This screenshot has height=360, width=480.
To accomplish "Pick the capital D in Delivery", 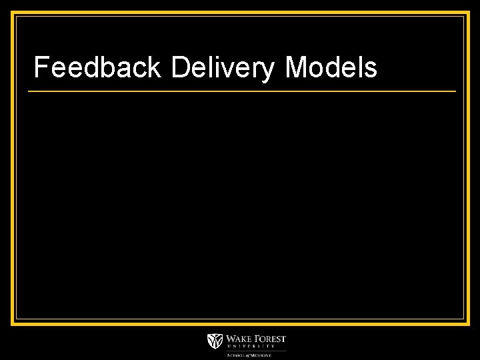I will click(180, 67).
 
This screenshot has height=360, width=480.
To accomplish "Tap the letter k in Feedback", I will click(157, 67).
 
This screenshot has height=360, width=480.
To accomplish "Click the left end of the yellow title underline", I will click(29, 91).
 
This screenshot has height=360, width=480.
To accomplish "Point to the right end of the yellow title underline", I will click(456, 91).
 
